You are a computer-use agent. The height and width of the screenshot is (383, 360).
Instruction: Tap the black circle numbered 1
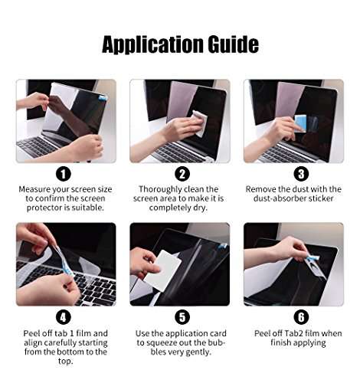[x=65, y=174]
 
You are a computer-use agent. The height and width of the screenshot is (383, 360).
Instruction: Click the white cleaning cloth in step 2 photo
[x=199, y=123]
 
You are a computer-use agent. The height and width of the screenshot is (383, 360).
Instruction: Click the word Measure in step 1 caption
[x=37, y=188]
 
